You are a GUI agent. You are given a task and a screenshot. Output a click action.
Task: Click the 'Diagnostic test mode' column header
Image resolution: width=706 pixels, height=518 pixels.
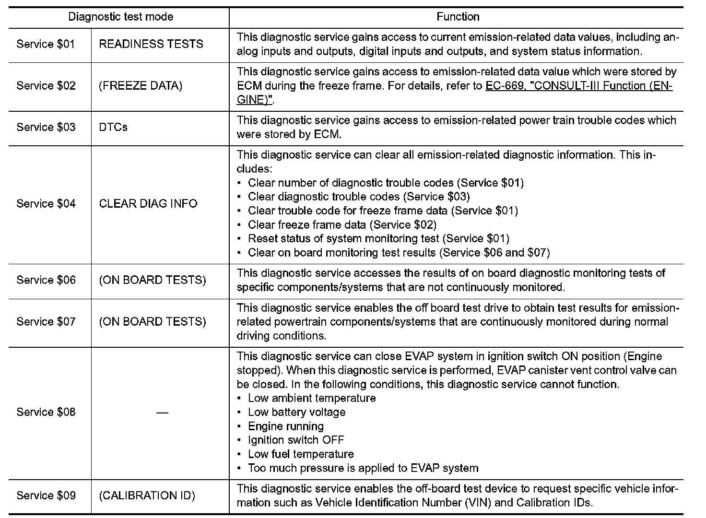[x=120, y=17]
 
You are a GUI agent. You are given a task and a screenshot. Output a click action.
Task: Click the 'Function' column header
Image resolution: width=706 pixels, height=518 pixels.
[x=458, y=17]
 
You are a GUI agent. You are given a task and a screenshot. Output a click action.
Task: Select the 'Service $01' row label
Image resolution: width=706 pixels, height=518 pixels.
[x=46, y=44]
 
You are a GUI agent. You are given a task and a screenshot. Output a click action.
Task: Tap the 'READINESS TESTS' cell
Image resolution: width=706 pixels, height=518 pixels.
[x=151, y=44]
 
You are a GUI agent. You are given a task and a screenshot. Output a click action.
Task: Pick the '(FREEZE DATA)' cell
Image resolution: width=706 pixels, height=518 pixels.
[x=141, y=86]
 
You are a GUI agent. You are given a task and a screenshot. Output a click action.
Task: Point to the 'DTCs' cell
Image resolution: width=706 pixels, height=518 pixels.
[x=113, y=127]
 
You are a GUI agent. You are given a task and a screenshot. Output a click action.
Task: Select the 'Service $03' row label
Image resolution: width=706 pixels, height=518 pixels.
[x=46, y=127]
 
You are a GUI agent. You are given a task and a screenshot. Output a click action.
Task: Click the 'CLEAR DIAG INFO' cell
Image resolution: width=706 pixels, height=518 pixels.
[x=148, y=204]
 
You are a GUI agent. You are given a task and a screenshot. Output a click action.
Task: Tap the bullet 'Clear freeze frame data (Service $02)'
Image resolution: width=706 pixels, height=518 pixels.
[x=342, y=224]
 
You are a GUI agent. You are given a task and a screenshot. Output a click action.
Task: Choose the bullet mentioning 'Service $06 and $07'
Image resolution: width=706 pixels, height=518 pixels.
[x=399, y=252]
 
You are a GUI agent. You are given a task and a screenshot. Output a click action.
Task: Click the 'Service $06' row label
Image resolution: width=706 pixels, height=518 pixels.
[x=46, y=280]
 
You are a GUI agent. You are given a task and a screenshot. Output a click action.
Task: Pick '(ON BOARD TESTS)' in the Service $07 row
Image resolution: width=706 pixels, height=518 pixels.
[x=153, y=321]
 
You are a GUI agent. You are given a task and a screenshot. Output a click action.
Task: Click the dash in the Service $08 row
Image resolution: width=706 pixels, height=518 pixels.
[x=162, y=412]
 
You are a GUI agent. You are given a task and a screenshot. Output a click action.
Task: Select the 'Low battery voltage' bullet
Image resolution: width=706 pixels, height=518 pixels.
[x=296, y=412]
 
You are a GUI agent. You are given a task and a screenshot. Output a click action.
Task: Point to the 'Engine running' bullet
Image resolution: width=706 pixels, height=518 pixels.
[x=285, y=426]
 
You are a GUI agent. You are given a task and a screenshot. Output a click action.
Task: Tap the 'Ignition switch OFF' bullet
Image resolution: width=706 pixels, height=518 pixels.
[x=295, y=440]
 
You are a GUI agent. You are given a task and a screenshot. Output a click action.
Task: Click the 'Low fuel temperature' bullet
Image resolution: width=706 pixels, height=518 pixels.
[x=301, y=454]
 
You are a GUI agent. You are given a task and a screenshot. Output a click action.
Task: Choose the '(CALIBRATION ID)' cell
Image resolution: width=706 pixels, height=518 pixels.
[x=147, y=495]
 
